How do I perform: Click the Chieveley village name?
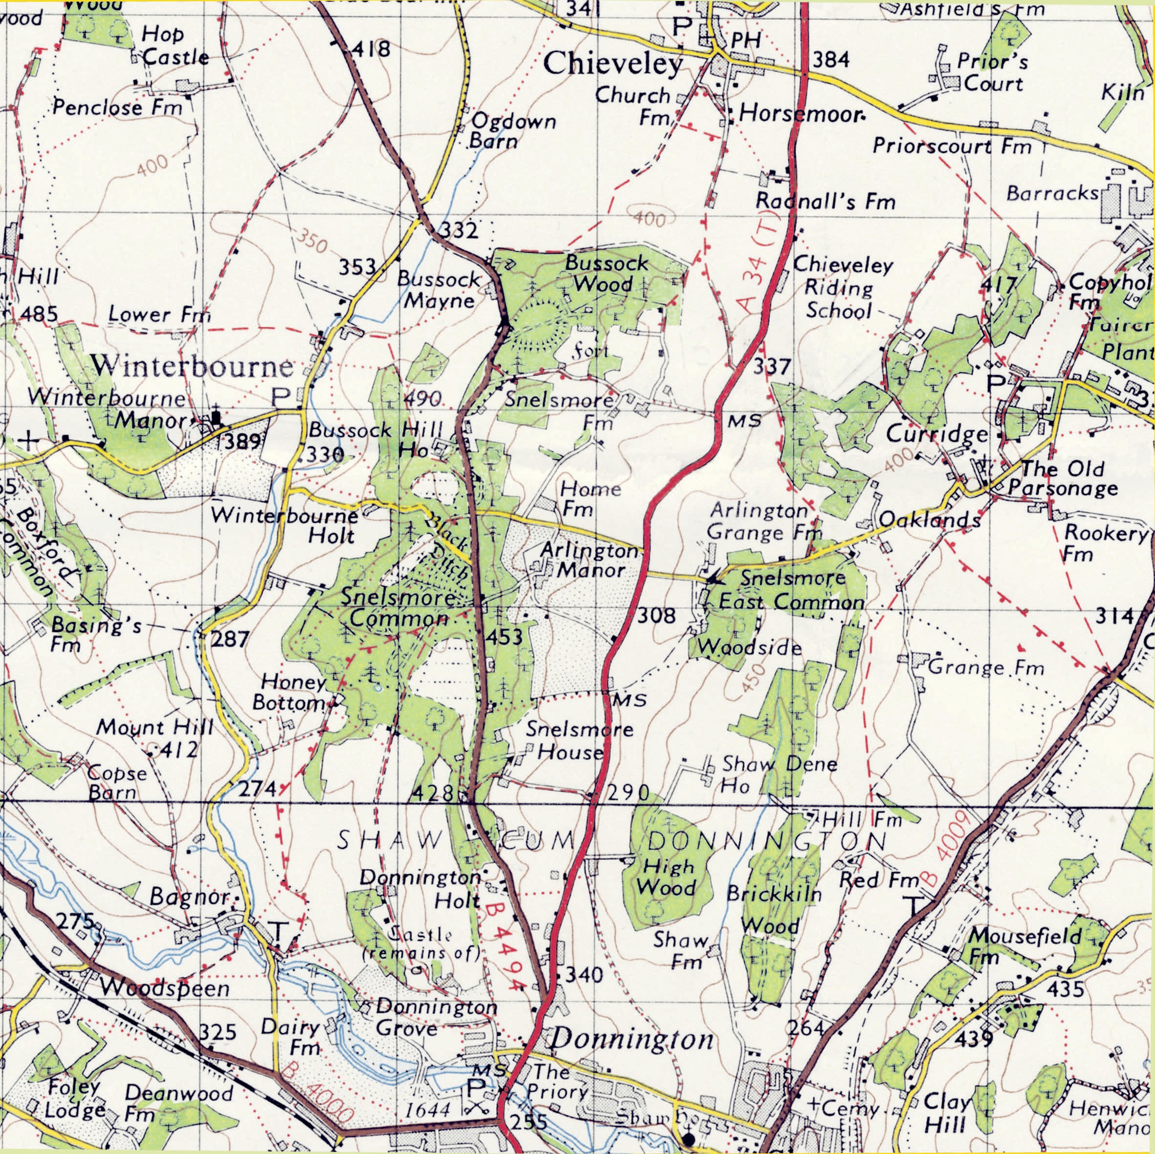point(613,64)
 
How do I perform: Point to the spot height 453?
point(503,638)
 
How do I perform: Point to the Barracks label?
point(1052,193)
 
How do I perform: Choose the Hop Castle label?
point(173,46)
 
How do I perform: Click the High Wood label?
point(665,876)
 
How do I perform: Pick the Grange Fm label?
point(985,667)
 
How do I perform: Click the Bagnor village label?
point(190,897)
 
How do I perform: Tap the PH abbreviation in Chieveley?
point(746,40)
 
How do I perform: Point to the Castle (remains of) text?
point(422,943)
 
